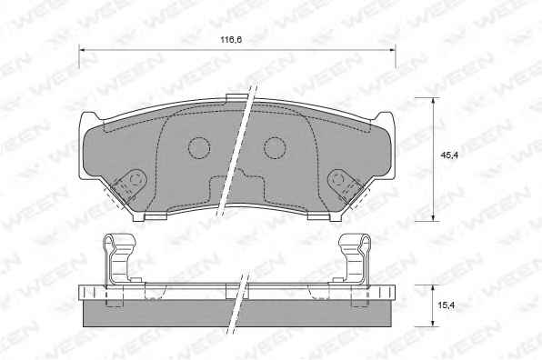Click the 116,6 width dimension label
coord(231,40)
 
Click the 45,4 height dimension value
coord(449,155)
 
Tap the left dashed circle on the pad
coord(199,148)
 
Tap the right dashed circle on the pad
coord(275,148)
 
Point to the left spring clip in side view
coord(120,258)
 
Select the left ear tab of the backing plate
coord(87,119)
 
